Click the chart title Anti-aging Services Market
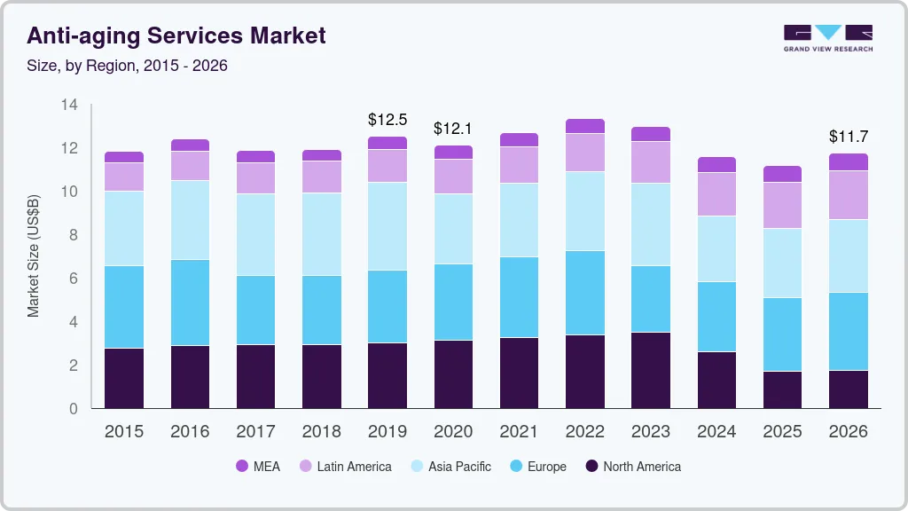click(176, 35)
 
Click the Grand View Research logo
click(828, 37)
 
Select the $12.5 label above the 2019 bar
click(387, 119)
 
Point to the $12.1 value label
click(453, 129)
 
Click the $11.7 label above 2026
click(849, 137)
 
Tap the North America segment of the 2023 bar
click(651, 370)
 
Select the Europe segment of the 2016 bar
click(191, 303)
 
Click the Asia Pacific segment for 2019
click(387, 226)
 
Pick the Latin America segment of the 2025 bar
click(782, 205)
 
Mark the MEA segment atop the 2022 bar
click(585, 126)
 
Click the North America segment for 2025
click(782, 389)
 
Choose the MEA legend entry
click(258, 466)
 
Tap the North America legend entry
click(632, 466)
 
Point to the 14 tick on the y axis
click(69, 106)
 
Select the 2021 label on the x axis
click(519, 432)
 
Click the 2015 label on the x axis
click(124, 432)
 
